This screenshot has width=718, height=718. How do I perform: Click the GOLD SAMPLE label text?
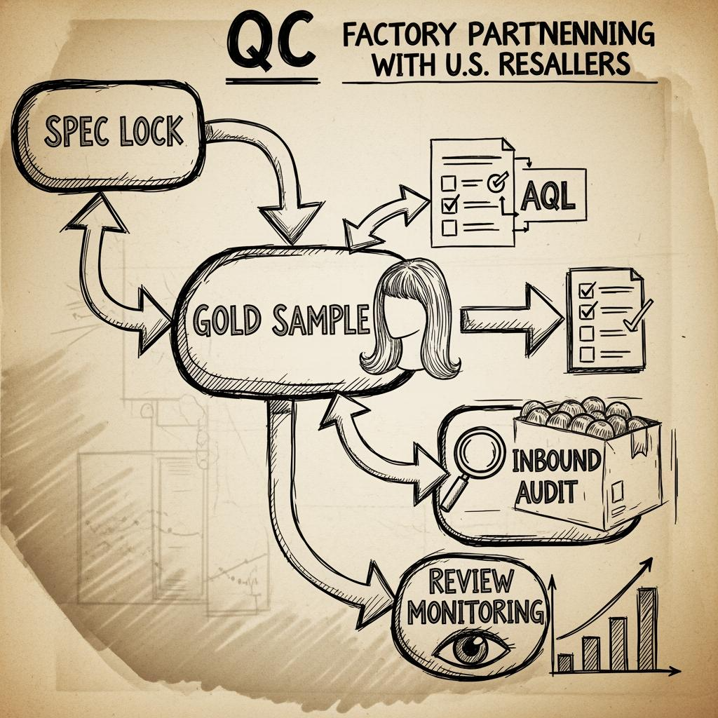pyautogui.click(x=280, y=322)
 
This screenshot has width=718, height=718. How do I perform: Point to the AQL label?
pyautogui.click(x=548, y=198)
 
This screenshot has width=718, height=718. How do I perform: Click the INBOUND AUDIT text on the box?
pyautogui.click(x=557, y=477)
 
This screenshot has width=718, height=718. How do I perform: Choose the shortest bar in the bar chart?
pyautogui.click(x=565, y=662)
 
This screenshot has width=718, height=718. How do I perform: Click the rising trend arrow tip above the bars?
pyautogui.click(x=649, y=561)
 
